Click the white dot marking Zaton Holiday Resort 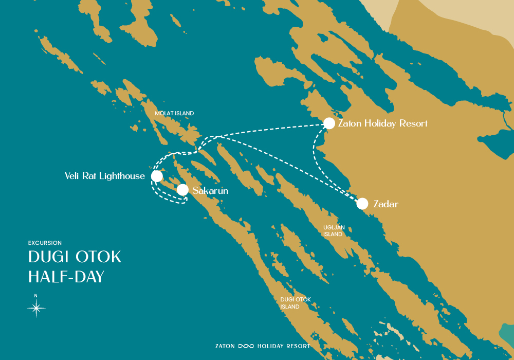click(x=329, y=123)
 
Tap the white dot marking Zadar click(x=362, y=204)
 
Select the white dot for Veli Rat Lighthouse click(x=157, y=176)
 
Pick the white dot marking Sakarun click(x=182, y=190)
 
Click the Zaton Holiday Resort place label click(x=382, y=124)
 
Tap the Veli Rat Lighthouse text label click(x=105, y=176)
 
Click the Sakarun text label click(x=210, y=191)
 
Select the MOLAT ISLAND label click(x=175, y=113)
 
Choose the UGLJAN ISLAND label click(x=333, y=230)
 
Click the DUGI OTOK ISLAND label click(x=296, y=303)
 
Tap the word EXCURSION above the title click(x=45, y=243)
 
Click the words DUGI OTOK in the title click(x=75, y=257)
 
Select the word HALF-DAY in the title click(x=66, y=277)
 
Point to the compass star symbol click(x=36, y=308)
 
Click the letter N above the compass click(x=36, y=296)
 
